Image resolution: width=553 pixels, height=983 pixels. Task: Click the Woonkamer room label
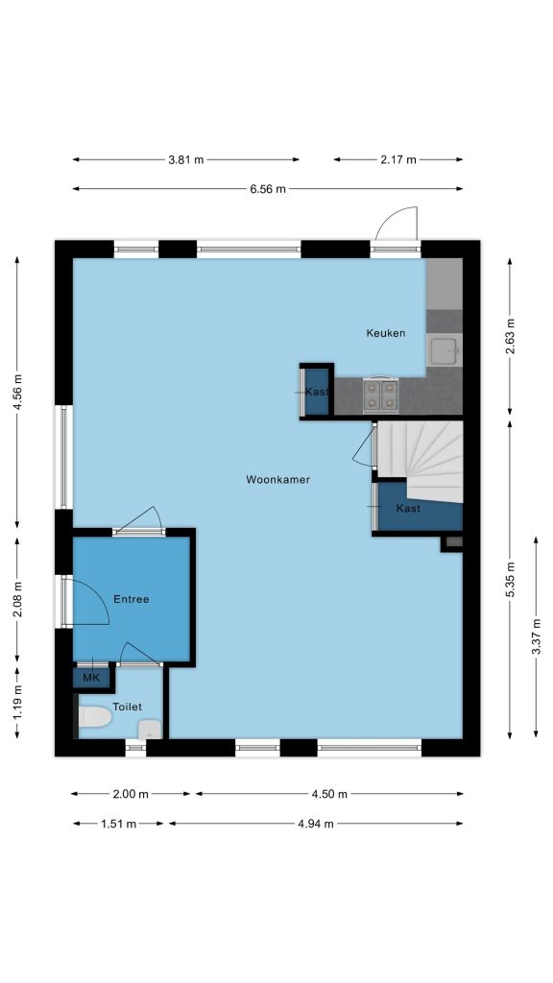pos(277,480)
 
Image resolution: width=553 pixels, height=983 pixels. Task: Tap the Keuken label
pos(386,333)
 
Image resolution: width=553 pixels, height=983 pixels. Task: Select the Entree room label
pos(131,599)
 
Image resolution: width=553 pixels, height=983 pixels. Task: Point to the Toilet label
pos(128,707)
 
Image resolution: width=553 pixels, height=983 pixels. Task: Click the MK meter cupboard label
pos(91,678)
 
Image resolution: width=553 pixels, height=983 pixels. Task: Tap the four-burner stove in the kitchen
pos(380,395)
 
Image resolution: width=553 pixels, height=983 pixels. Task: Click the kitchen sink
pos(445,349)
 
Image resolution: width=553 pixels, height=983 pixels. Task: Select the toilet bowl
pos(94,716)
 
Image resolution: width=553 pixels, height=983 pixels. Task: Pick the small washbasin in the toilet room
pos(150,729)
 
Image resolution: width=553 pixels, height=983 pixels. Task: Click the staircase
pos(419,461)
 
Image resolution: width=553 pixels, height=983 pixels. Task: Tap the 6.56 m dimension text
pos(268,189)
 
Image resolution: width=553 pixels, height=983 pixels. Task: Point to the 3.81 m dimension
pos(185,159)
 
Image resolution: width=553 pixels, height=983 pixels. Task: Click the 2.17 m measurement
pos(398,159)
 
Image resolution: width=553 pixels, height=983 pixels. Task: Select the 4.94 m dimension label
pos(316,824)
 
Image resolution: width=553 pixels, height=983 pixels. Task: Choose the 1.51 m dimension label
pos(118,824)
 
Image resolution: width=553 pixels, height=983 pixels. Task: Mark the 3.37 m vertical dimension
pos(536,636)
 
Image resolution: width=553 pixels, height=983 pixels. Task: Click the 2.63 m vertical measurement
pos(510,336)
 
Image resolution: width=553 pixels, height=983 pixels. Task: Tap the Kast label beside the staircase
pos(408,509)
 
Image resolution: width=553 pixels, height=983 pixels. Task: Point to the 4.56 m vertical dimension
pos(17,392)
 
